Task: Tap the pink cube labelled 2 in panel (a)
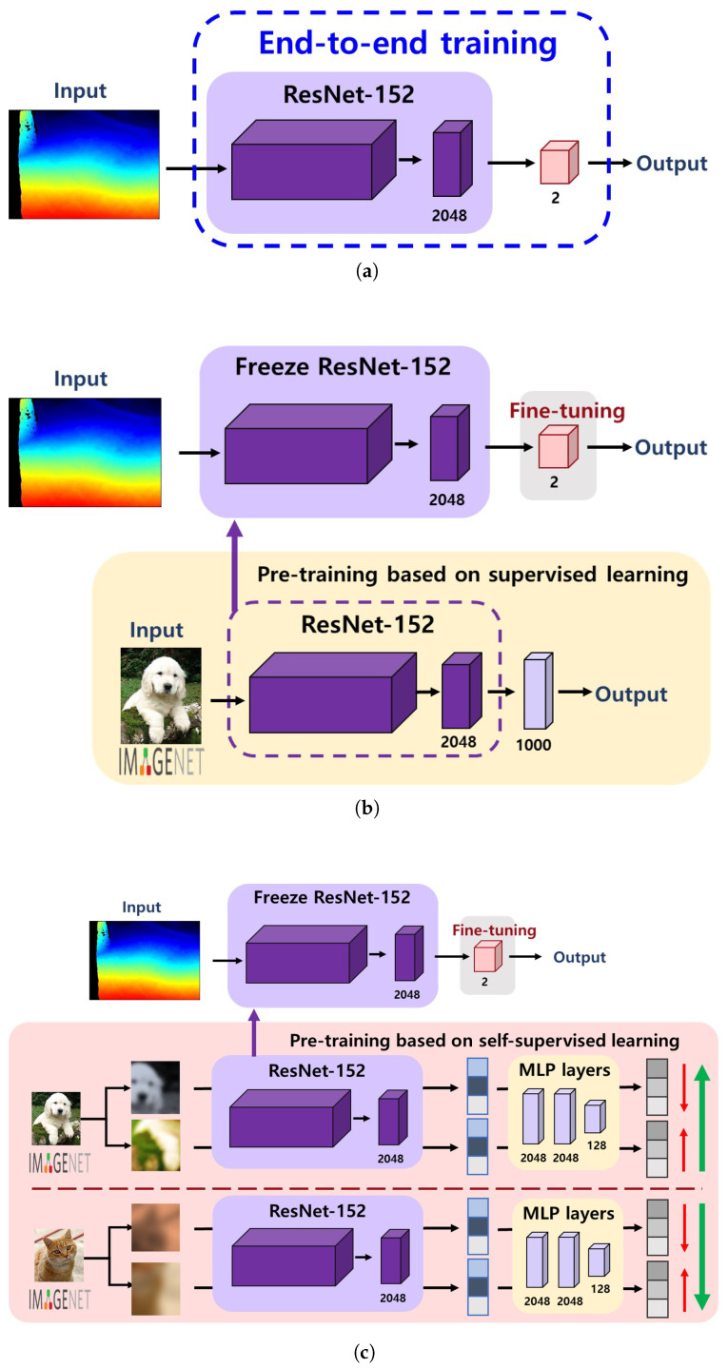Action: click(x=559, y=164)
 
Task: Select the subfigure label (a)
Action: click(x=365, y=271)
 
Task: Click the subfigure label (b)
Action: click(x=365, y=809)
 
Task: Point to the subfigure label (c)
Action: click(x=365, y=1347)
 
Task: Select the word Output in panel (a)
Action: click(x=672, y=163)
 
